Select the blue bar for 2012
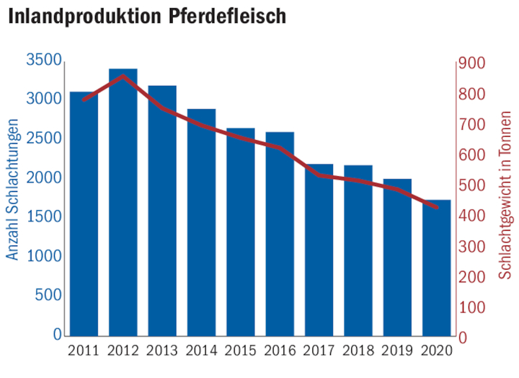tap(123, 202)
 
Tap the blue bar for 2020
tap(436, 268)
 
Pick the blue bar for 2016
tap(280, 234)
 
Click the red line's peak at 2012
tap(123, 76)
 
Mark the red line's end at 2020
tap(436, 207)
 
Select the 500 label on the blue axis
tap(48, 296)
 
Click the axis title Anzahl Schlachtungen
tap(12, 196)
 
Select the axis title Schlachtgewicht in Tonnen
tap(506, 195)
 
